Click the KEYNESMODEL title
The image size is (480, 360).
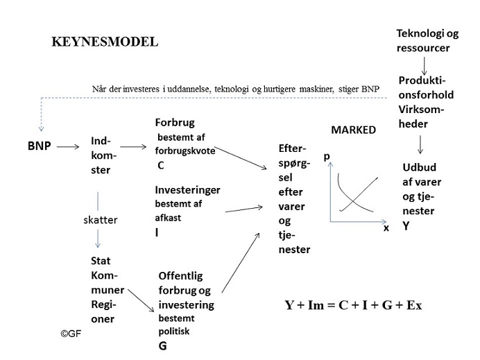coord(105,42)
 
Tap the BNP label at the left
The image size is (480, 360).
coord(39,146)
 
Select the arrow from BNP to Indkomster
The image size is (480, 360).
coord(68,147)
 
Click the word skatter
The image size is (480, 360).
coord(101,220)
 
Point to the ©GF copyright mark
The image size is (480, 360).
coord(71,334)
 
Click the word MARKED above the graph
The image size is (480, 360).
coord(354,130)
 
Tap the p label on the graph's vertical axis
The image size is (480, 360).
coord(327,157)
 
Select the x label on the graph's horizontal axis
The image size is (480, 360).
coord(386,228)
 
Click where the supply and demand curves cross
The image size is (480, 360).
coord(352,201)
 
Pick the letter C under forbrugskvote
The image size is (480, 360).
coord(161,165)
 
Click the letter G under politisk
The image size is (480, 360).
coord(162,346)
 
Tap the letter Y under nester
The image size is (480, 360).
coord(406,226)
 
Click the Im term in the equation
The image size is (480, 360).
coord(316,305)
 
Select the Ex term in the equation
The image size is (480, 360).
coord(414,305)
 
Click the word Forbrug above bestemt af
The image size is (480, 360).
coord(175,123)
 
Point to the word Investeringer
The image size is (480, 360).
coord(188,190)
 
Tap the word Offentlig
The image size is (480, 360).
coord(180,276)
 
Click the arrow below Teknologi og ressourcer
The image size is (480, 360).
coord(425,66)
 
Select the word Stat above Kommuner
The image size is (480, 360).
coord(101,261)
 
